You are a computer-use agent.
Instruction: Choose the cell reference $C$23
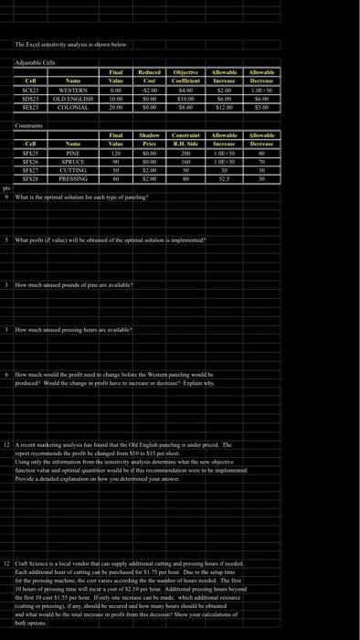[x=30, y=90]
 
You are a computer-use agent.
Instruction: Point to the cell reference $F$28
[x=30, y=178]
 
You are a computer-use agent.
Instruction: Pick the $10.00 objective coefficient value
[x=185, y=98]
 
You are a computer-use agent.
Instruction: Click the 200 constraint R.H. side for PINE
[x=185, y=154]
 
